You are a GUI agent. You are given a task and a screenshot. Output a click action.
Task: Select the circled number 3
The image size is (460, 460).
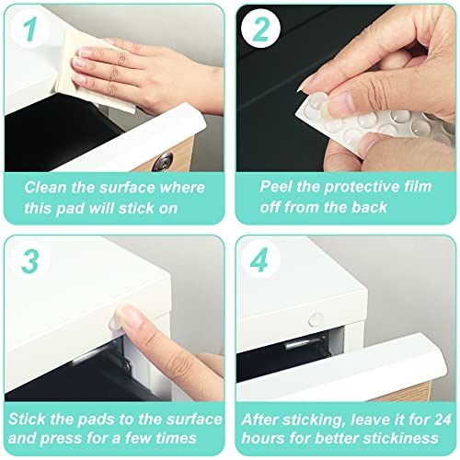click(x=29, y=261)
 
